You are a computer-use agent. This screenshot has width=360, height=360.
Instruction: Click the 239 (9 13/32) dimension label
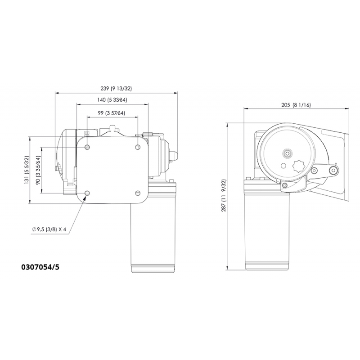point(116,89)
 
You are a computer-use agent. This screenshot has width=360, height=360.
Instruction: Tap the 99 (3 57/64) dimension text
point(112,112)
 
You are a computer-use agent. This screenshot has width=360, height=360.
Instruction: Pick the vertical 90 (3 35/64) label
point(39,169)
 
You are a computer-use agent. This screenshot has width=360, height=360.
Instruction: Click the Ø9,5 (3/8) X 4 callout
point(49,229)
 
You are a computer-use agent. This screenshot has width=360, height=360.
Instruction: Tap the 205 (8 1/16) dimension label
point(296,105)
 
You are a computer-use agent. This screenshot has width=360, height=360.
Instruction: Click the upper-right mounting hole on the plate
point(138,148)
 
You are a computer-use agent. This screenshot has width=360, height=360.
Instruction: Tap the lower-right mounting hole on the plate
point(138,193)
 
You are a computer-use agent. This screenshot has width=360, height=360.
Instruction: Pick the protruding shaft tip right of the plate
point(174,155)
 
